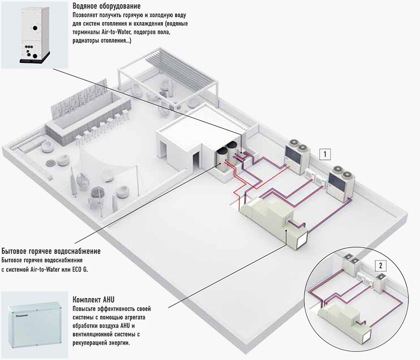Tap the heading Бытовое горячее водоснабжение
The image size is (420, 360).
(x=51, y=251)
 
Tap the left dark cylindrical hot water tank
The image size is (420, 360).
(x=222, y=158)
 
